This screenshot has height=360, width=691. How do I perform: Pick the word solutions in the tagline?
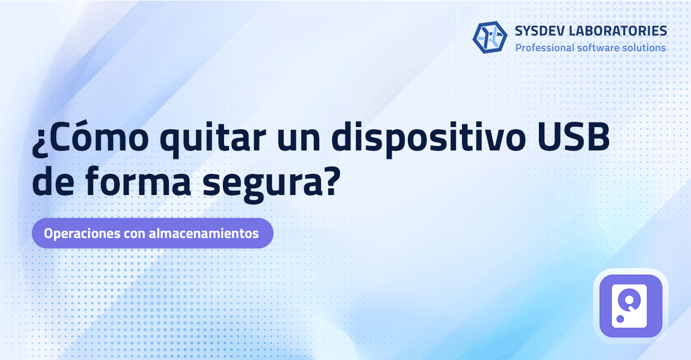pyautogui.click(x=644, y=48)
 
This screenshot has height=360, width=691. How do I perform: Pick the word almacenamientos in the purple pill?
pyautogui.click(x=204, y=233)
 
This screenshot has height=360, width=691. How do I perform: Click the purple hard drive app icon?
pyautogui.click(x=630, y=305)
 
